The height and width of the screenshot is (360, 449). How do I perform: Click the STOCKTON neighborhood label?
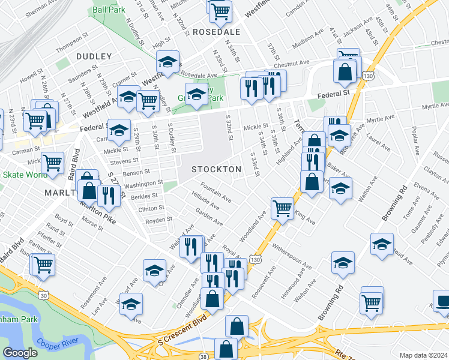coord(216,170)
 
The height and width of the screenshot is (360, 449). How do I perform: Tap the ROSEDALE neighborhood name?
coord(216,32)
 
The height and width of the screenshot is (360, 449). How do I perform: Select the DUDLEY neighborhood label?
coord(94,56)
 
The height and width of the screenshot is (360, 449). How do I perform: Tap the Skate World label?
coord(25,175)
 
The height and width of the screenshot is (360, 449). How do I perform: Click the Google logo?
coord(20,352)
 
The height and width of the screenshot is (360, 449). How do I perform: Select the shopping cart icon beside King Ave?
coord(282,208)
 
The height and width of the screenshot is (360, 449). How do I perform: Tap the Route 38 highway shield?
coord(204,355)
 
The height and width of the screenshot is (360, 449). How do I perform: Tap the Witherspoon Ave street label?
coord(292,256)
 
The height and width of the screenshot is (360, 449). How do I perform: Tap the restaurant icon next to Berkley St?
coord(109,194)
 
